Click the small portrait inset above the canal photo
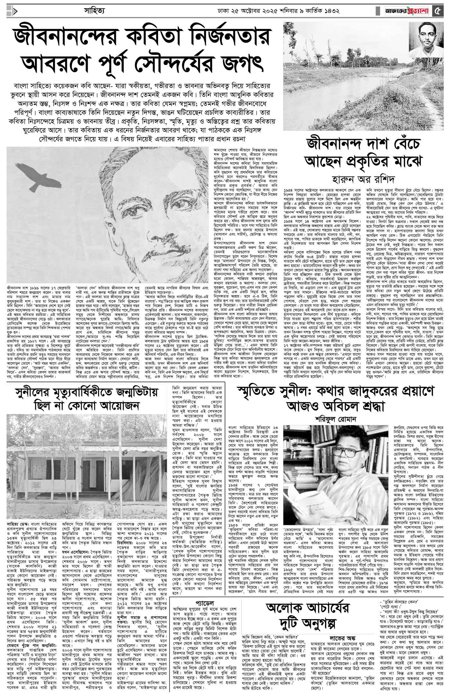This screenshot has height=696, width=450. tap(428, 40)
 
